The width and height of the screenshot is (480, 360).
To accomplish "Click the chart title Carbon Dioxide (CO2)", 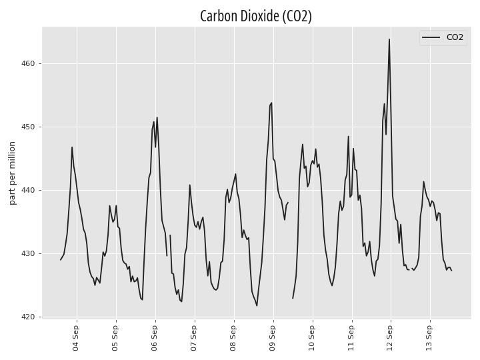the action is pyautogui.click(x=256, y=16).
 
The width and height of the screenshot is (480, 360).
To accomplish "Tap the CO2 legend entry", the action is pyautogui.click(x=443, y=37).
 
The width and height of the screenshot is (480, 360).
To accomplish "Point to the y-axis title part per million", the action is pyautogui.click(x=12, y=173).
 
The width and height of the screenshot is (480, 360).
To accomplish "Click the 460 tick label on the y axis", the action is pyautogui.click(x=28, y=64).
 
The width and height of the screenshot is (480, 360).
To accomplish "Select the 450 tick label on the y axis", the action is pyautogui.click(x=28, y=127).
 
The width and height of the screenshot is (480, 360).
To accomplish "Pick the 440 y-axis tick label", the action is pyautogui.click(x=28, y=191).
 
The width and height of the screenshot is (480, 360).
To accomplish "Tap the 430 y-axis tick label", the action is pyautogui.click(x=28, y=254).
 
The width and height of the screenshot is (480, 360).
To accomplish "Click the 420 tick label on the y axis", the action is pyautogui.click(x=28, y=317).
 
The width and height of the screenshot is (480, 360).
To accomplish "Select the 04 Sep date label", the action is pyautogui.click(x=75, y=337).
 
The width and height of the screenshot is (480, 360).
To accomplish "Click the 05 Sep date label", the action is pyautogui.click(x=115, y=337).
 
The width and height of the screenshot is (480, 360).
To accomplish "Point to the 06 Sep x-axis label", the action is pyautogui.click(x=154, y=337).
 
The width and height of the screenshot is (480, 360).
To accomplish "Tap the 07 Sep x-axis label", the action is pyautogui.click(x=193, y=337).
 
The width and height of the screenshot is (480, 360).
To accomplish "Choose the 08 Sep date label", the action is pyautogui.click(x=233, y=337).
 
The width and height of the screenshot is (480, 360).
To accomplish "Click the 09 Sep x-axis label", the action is pyautogui.click(x=272, y=337).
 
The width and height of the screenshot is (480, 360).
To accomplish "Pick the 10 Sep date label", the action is pyautogui.click(x=311, y=337).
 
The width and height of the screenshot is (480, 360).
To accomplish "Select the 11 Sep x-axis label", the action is pyautogui.click(x=351, y=337).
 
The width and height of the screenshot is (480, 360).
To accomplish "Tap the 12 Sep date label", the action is pyautogui.click(x=390, y=337).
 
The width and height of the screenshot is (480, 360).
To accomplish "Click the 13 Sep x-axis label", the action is pyautogui.click(x=429, y=337).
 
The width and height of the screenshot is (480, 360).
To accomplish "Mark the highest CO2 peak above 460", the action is pyautogui.click(x=389, y=39).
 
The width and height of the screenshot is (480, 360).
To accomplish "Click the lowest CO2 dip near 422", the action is pyautogui.click(x=257, y=305).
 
